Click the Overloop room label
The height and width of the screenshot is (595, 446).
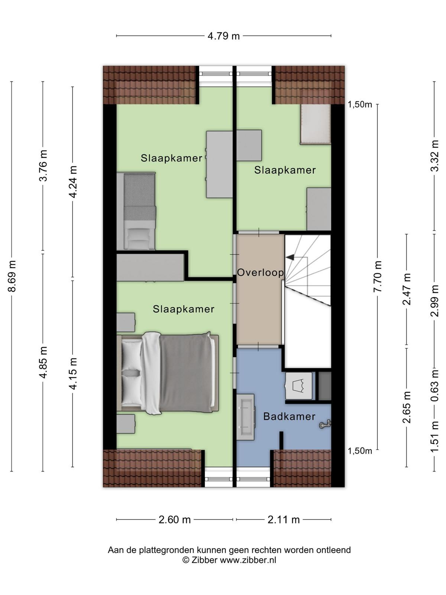(x=260, y=273)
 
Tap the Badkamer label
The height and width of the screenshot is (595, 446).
(x=289, y=416)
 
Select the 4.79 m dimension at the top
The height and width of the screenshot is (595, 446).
(x=224, y=36)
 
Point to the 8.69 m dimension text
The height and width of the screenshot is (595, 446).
(x=13, y=276)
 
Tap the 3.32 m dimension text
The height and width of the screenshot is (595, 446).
(x=434, y=155)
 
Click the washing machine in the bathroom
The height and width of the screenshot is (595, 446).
(x=299, y=386)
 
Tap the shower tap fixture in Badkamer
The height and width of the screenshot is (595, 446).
(x=324, y=424)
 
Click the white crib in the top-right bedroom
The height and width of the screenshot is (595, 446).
(x=316, y=124)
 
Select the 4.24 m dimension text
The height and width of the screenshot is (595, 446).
(x=73, y=182)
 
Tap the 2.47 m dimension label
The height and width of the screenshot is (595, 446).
(x=407, y=289)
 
